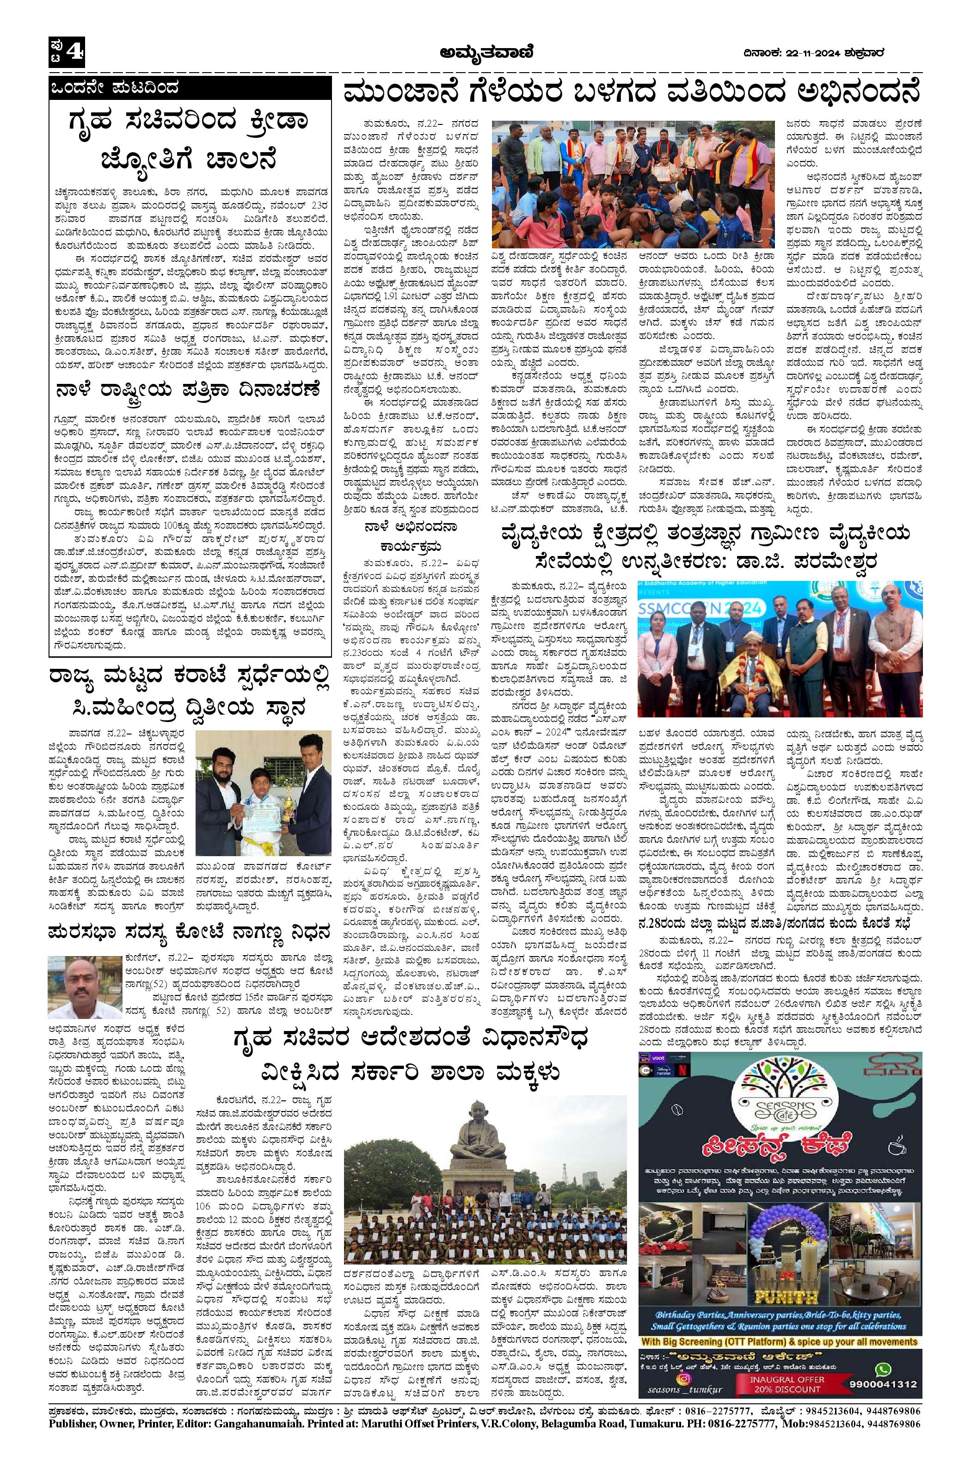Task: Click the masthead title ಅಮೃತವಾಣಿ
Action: (x=485, y=54)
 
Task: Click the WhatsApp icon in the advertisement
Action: (x=884, y=1414)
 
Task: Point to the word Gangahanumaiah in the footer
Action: (x=245, y=1444)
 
